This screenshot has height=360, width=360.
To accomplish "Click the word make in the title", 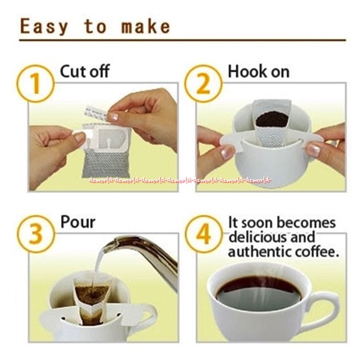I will click(x=146, y=27).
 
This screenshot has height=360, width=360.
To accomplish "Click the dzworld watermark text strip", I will click(x=180, y=180).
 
